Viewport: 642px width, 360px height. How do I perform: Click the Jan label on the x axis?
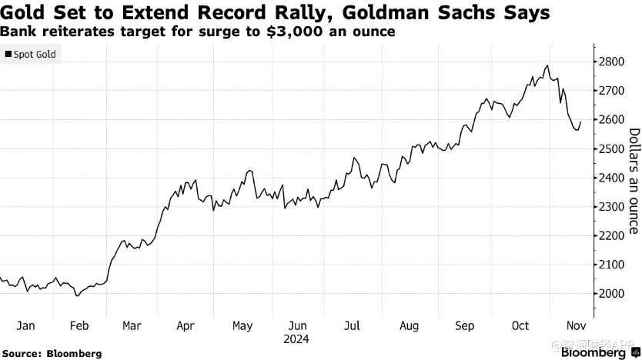point(25,325)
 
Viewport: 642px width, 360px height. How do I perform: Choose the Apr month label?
point(186,325)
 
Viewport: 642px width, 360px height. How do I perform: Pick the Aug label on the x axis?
point(410,325)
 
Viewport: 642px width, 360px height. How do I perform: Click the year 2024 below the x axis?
point(297,338)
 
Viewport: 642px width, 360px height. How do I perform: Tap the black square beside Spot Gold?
point(8,55)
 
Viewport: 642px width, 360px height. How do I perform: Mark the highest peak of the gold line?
point(547,66)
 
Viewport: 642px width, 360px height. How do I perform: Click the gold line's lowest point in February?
point(76,295)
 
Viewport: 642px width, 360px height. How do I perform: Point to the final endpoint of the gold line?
point(581,122)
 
